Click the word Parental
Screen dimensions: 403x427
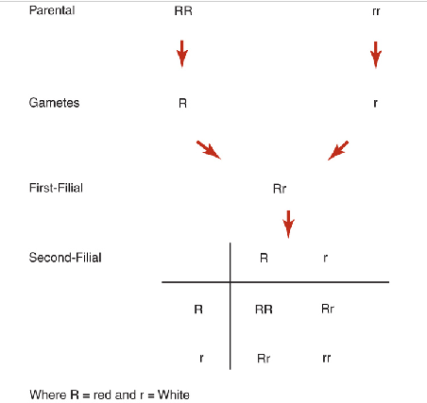(52, 11)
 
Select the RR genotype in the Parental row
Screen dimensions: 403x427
(182, 12)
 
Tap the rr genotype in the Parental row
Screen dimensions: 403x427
(375, 12)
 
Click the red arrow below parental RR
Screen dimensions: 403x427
(182, 53)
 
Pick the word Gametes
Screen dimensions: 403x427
(54, 103)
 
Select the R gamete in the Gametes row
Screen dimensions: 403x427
(182, 103)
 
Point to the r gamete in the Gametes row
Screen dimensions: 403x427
(375, 103)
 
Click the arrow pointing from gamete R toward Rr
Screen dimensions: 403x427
(209, 150)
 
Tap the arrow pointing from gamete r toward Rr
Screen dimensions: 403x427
(337, 150)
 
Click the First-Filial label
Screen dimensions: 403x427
(56, 188)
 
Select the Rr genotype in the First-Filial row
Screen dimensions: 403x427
(280, 189)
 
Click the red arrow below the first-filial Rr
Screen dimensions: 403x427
(288, 225)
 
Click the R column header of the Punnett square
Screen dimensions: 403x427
(265, 257)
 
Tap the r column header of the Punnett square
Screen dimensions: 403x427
(325, 257)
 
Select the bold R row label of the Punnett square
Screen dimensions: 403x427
(198, 309)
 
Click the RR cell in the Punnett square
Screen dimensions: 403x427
(265, 309)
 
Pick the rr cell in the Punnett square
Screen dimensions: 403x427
(326, 358)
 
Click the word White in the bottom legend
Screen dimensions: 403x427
(174, 394)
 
